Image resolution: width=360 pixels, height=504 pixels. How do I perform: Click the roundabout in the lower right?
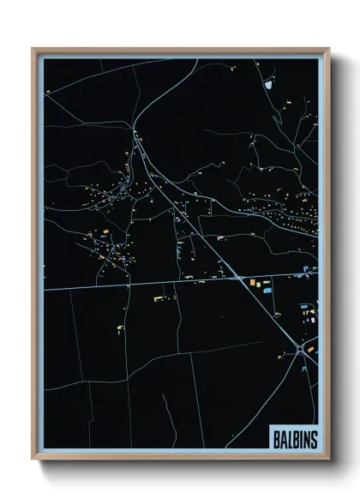[x=300, y=349]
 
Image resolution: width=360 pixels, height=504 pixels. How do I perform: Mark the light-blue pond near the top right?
[x=267, y=85]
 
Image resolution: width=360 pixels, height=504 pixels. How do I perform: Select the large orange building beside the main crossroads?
[x=253, y=281]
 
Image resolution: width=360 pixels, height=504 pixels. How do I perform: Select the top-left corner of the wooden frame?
[x=33, y=49]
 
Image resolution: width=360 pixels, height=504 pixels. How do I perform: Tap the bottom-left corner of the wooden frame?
[x=33, y=460]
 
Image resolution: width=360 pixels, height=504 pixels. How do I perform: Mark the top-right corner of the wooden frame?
[x=328, y=49]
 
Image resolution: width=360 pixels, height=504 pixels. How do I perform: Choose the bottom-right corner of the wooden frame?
[x=328, y=460]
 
